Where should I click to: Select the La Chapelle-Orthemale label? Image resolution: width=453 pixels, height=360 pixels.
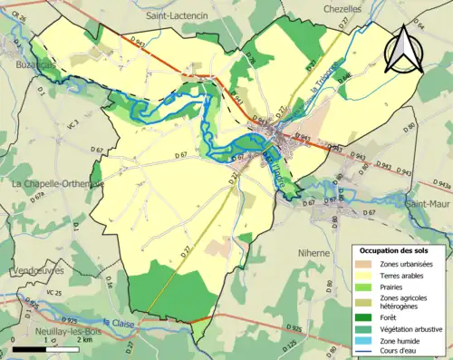coord(57,184)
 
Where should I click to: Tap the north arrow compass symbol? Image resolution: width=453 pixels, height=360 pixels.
coord(403,50)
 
